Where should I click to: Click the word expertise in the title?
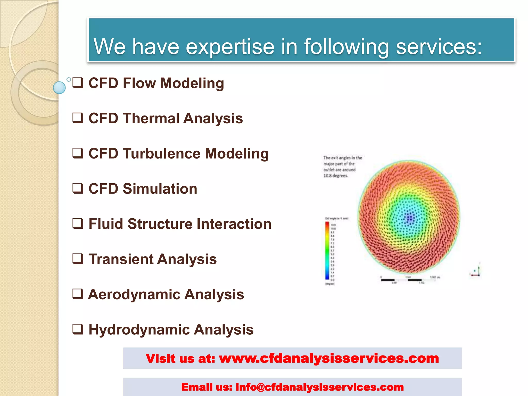(x=230, y=47)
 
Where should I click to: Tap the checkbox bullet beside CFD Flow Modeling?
(x=78, y=83)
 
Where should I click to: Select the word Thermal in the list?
(x=151, y=118)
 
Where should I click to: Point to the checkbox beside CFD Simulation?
(x=78, y=188)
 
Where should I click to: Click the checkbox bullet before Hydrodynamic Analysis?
(x=78, y=329)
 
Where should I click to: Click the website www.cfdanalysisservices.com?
(x=329, y=358)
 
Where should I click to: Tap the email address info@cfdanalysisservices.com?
(x=320, y=387)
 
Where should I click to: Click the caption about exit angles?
(x=342, y=167)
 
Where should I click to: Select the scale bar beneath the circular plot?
(x=408, y=280)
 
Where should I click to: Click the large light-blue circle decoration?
(x=59, y=88)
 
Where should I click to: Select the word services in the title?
(x=438, y=47)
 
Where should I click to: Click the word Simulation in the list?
(x=160, y=188)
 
